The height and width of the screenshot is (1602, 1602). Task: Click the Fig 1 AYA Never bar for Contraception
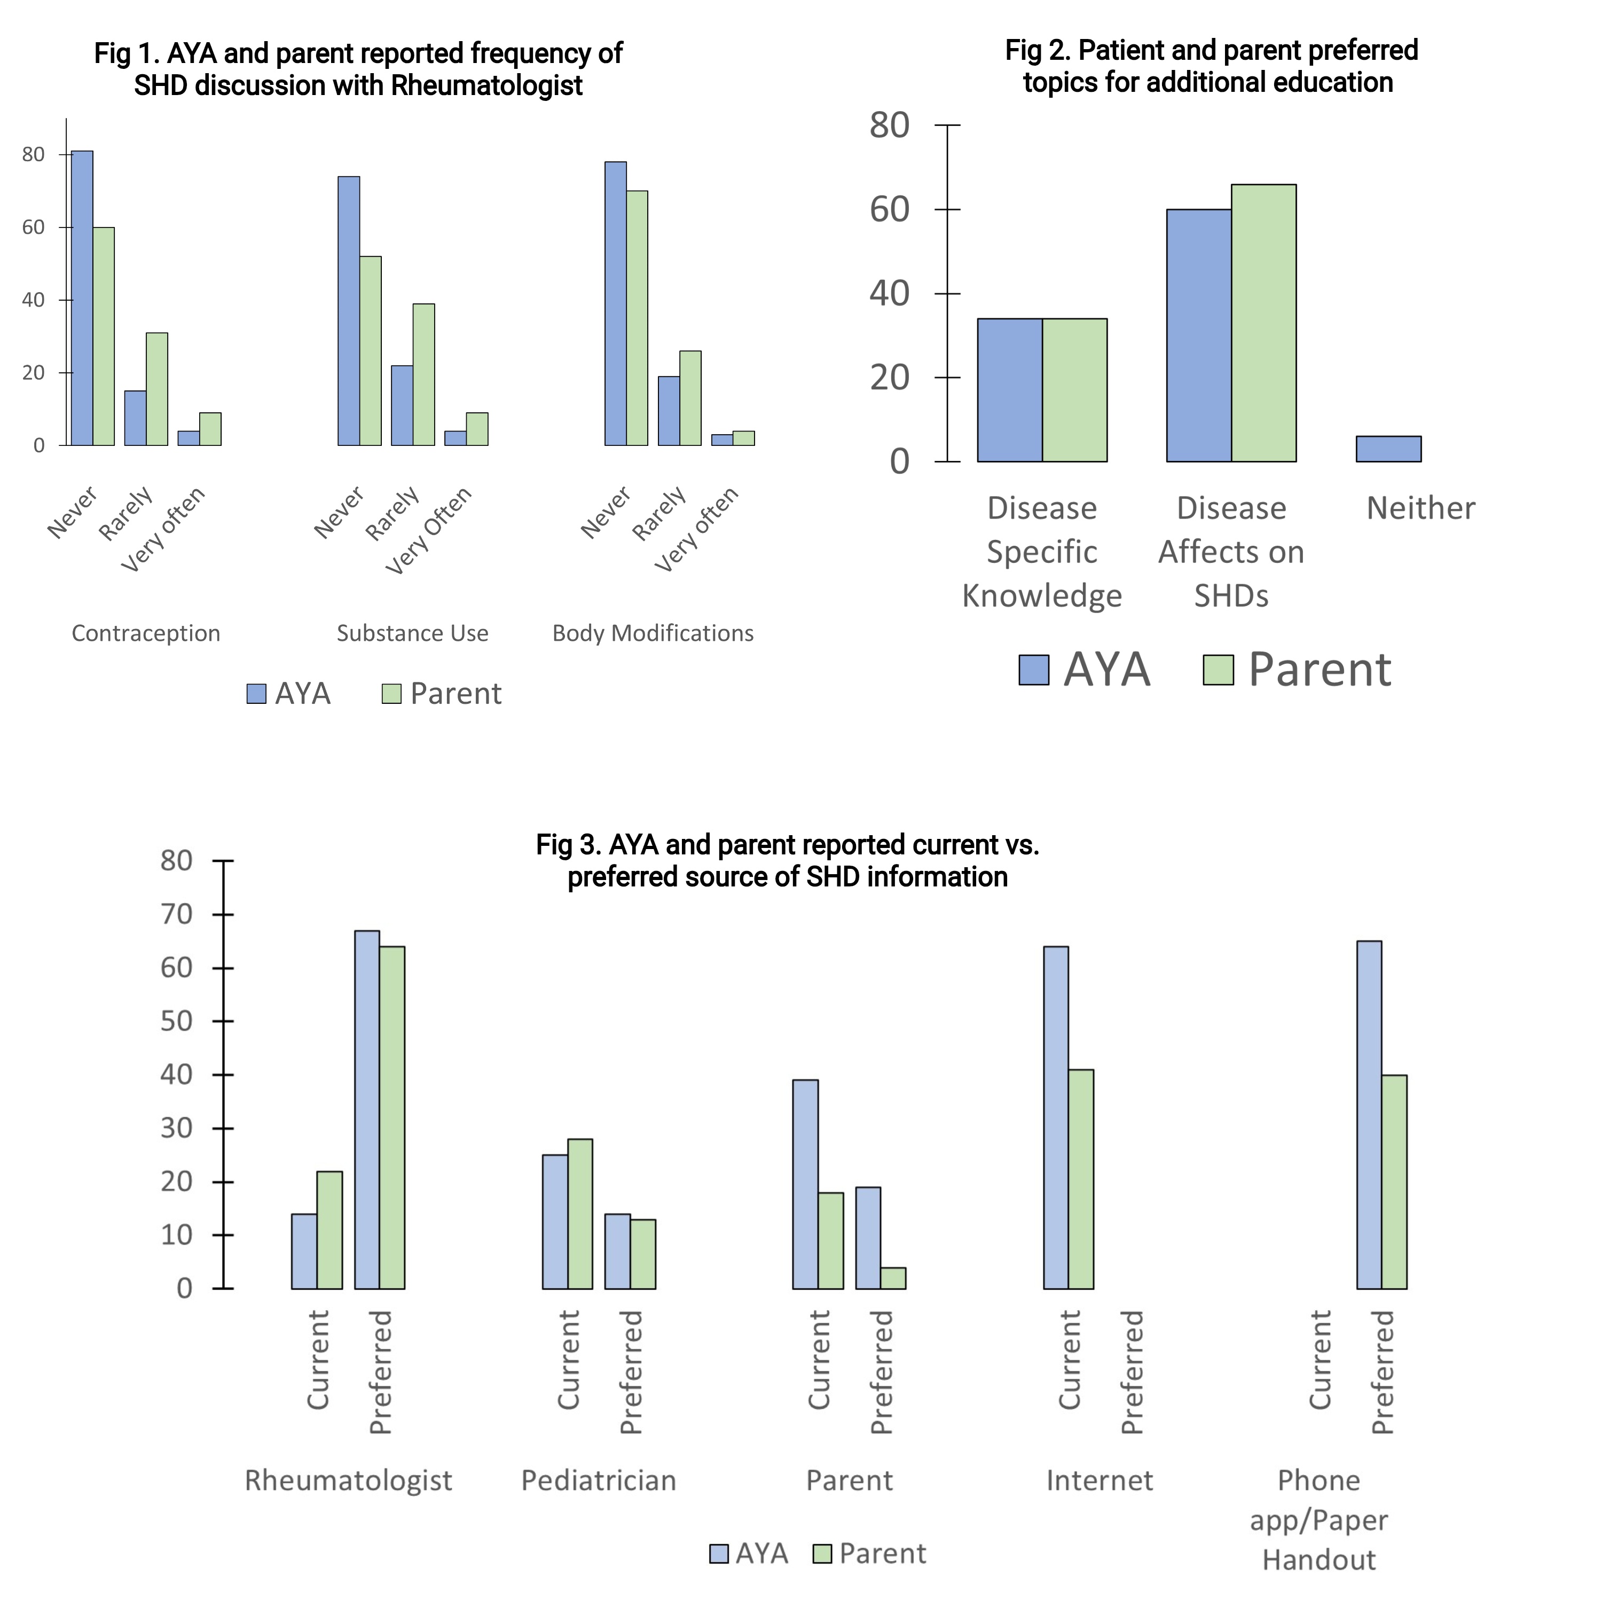click(x=82, y=299)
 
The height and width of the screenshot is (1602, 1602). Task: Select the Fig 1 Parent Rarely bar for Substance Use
click(x=423, y=375)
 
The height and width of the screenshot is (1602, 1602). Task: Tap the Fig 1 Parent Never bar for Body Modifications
click(x=637, y=318)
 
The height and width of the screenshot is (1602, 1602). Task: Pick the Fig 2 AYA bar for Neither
click(x=1388, y=449)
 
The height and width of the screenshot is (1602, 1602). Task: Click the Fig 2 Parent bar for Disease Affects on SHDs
click(x=1263, y=323)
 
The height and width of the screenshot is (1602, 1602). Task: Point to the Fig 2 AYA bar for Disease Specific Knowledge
click(x=1009, y=390)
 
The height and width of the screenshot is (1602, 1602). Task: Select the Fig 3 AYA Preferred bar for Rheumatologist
click(x=367, y=1110)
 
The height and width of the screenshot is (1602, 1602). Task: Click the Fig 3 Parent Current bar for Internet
click(x=1080, y=1179)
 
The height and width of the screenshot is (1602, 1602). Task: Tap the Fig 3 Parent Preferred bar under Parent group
click(x=893, y=1278)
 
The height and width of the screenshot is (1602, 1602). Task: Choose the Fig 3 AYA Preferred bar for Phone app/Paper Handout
click(x=1369, y=1114)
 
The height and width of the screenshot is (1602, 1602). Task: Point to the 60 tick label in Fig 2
click(x=889, y=210)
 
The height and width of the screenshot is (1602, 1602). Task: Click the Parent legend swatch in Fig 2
click(x=1218, y=670)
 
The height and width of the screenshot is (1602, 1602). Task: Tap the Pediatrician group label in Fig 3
click(x=599, y=1480)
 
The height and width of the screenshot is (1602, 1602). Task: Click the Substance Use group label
click(x=412, y=633)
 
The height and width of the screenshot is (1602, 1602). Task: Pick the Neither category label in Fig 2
click(x=1420, y=508)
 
